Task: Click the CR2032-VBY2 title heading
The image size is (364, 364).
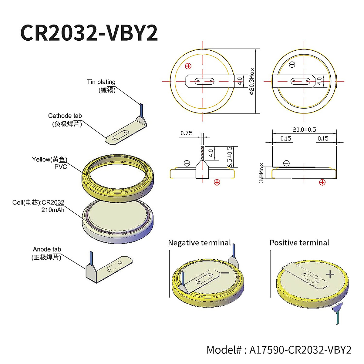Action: click(89, 33)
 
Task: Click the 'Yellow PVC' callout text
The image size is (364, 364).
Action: click(49, 163)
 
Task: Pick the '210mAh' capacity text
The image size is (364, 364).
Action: click(53, 210)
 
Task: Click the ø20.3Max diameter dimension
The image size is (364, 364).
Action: click(252, 81)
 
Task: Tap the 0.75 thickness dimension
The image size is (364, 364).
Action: click(187, 133)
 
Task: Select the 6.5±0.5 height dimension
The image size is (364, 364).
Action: click(230, 157)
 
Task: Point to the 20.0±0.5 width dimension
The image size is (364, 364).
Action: click(304, 130)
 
